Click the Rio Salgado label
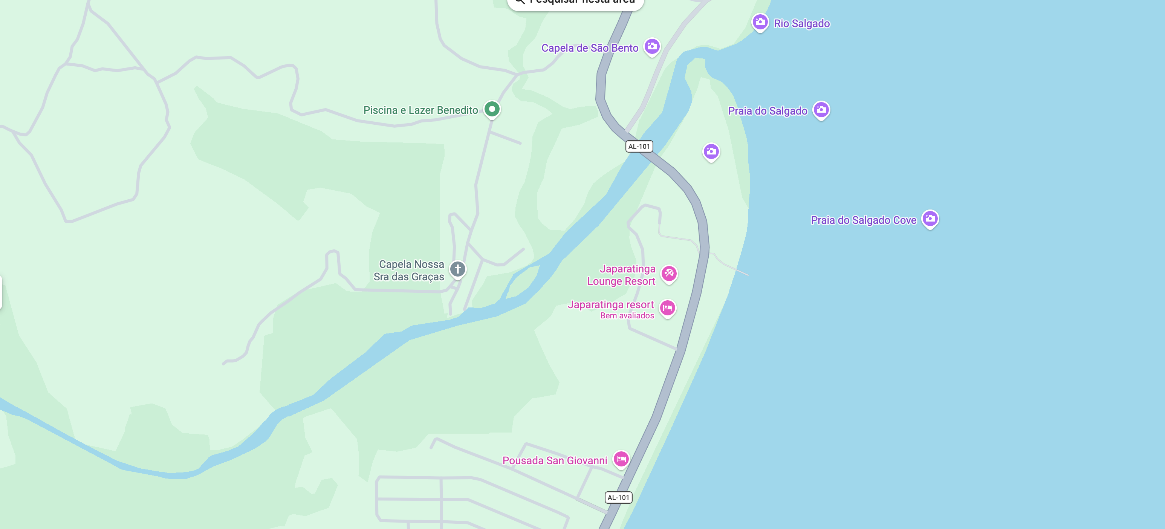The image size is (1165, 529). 801,23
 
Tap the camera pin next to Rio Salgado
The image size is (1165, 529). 760,22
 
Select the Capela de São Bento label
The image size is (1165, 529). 590,48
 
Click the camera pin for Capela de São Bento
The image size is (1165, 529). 652,46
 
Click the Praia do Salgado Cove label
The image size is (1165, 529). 863,220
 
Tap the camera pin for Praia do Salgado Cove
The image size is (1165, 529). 930,219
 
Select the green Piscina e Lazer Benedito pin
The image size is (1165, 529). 492,109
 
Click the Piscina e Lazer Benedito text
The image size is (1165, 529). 420,110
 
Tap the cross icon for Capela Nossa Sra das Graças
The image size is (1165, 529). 457,269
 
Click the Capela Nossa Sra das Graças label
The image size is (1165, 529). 409,271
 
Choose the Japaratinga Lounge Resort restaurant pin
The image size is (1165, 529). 669,273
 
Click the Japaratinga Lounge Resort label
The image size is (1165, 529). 621,275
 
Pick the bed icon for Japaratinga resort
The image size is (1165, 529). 668,308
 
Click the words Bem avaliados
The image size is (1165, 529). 627,316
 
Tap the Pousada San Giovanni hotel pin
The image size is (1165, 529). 621,459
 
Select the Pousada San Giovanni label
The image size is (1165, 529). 555,461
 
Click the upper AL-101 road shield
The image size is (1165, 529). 639,147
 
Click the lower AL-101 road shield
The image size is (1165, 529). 618,497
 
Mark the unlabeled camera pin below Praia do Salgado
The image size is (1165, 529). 711,151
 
